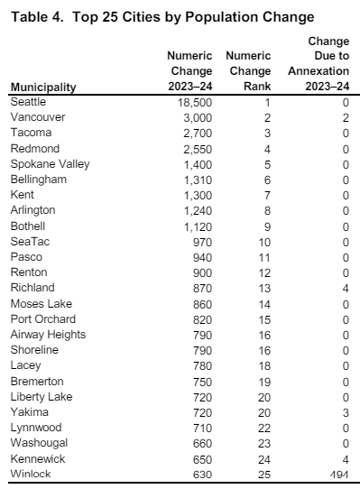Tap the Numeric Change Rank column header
pos(250,71)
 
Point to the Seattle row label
pos(28,102)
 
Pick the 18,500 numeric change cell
pos(190,103)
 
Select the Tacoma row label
pos(29,133)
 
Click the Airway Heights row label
pos(48,334)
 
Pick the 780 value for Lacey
pos(199,364)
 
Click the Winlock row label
pos(30,473)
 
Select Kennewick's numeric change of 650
pos(199,457)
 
